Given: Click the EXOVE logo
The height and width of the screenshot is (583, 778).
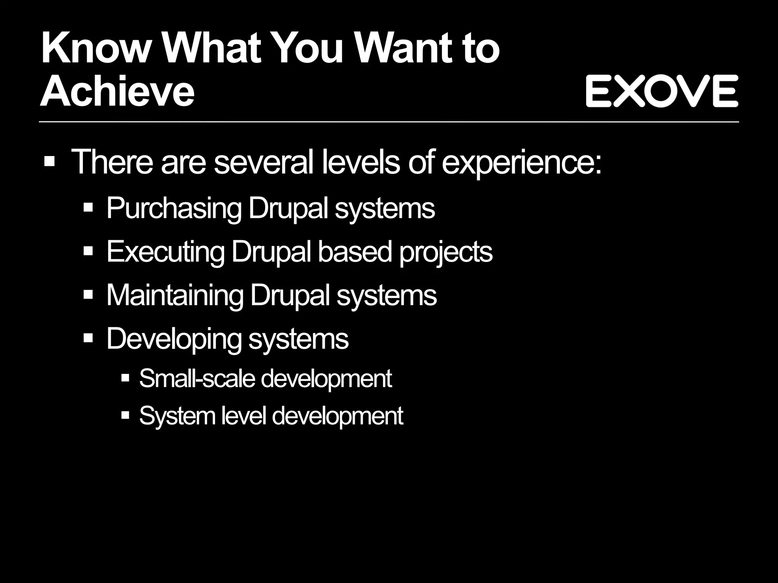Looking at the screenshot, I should (x=662, y=91).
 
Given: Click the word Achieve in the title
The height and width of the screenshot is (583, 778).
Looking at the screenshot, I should (x=117, y=91).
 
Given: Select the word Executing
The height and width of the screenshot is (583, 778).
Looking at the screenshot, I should (x=165, y=252).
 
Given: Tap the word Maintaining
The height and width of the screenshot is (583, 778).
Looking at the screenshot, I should (x=174, y=295).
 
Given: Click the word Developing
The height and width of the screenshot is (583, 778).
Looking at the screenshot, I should (x=173, y=339).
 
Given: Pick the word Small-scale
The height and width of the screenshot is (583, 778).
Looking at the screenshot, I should (x=197, y=378).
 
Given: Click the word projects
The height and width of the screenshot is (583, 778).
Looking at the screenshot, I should (x=446, y=252).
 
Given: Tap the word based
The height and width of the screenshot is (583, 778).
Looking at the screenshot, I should (x=354, y=252).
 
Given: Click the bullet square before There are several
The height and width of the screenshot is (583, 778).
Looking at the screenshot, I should (x=50, y=162).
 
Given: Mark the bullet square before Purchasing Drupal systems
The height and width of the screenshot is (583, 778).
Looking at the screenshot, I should (x=88, y=208).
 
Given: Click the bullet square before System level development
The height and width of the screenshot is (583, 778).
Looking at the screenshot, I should (x=125, y=415).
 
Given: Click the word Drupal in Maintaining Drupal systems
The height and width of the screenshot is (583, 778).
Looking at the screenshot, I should (x=290, y=295).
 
